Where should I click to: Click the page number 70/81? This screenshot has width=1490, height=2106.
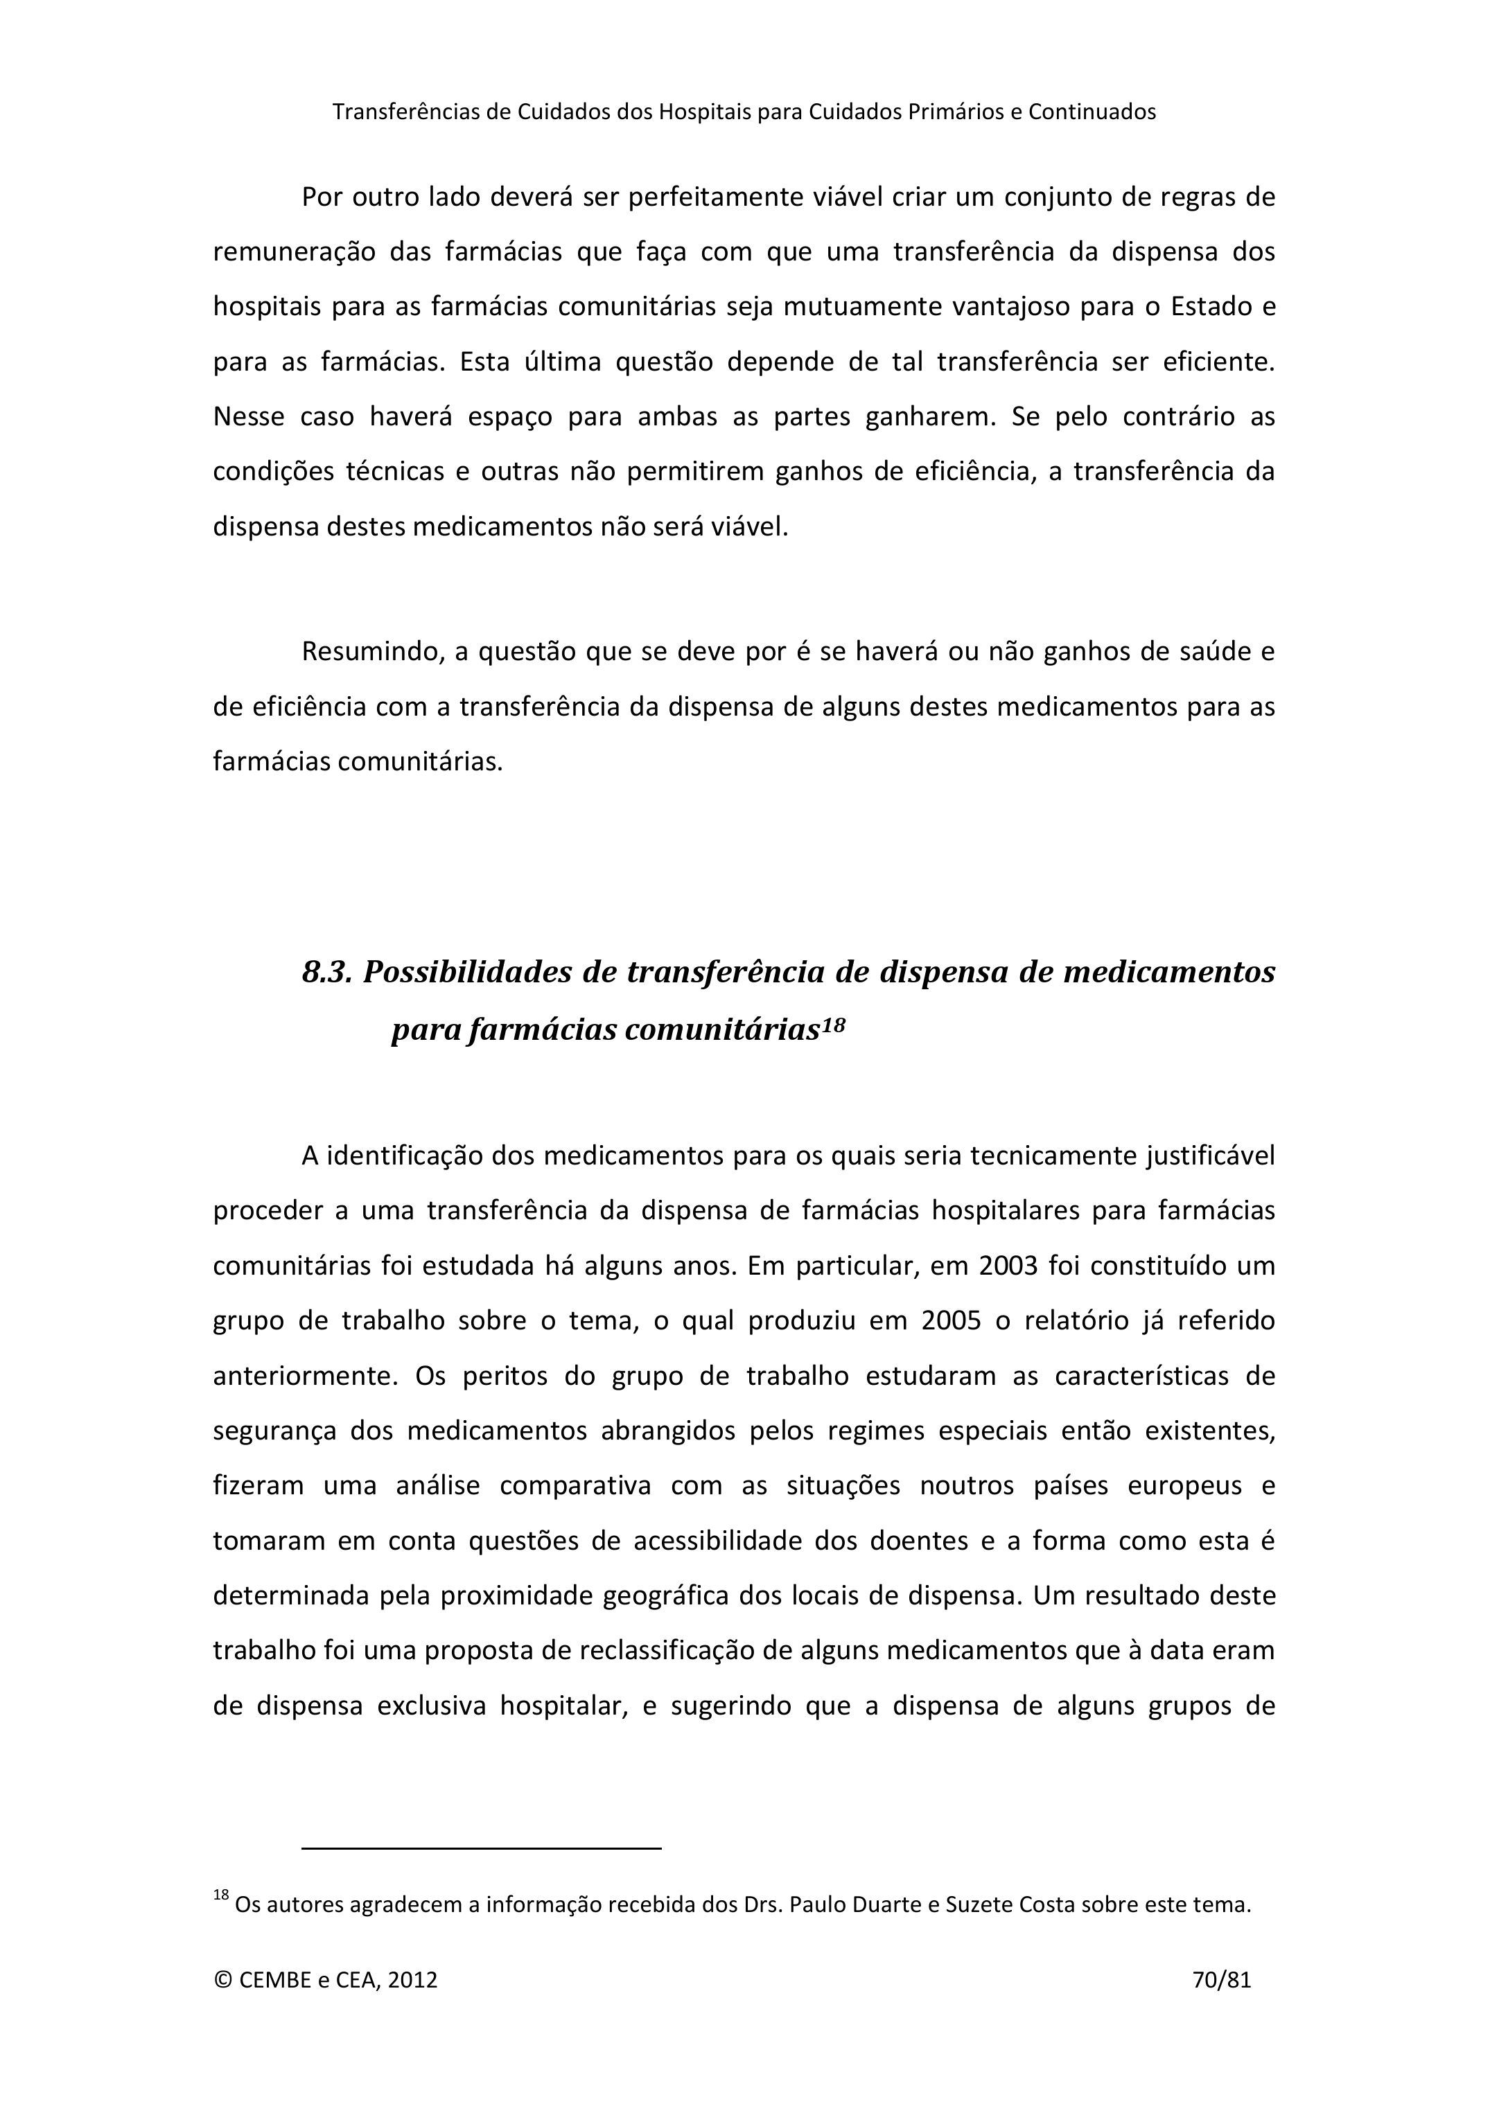(x=1221, y=1979)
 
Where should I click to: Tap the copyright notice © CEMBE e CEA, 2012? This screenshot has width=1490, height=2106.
(x=325, y=1979)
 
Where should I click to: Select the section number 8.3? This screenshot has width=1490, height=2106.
(x=326, y=972)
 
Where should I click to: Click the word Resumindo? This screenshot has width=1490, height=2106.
(x=373, y=652)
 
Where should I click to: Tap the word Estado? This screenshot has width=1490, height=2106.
(x=1209, y=306)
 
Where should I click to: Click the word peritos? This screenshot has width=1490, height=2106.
(x=500, y=1376)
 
